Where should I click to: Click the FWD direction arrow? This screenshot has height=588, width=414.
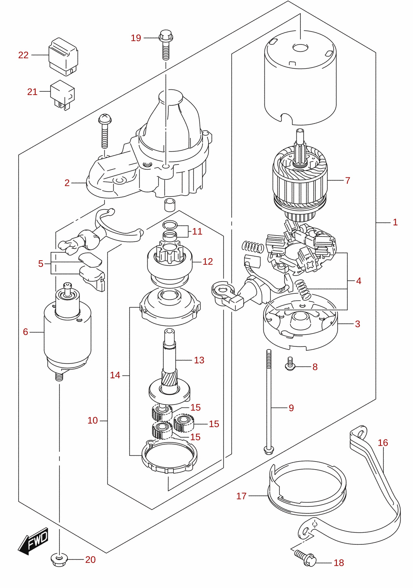coord(33,542)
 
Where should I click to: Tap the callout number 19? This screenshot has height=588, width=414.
coord(136,38)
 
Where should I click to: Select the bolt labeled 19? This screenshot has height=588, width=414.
coord(166,44)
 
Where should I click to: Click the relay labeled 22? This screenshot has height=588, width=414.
coord(63,57)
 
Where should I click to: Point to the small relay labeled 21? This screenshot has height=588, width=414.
coord(62,95)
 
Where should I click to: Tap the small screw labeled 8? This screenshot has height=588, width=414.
coord(290,364)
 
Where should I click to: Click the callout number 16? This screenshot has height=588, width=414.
coord(383,443)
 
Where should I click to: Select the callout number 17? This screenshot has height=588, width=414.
coord(241,496)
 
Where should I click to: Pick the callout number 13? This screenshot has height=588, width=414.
coord(199,360)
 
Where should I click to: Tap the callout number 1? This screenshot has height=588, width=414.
coord(395,222)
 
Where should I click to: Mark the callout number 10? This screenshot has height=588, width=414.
coord(93,421)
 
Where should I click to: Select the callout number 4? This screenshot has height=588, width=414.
coord(359,281)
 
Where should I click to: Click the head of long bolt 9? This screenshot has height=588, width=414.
coord(268,451)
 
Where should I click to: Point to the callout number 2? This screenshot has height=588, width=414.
coord(67,183)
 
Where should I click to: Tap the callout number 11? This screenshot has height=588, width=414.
coord(197,231)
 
